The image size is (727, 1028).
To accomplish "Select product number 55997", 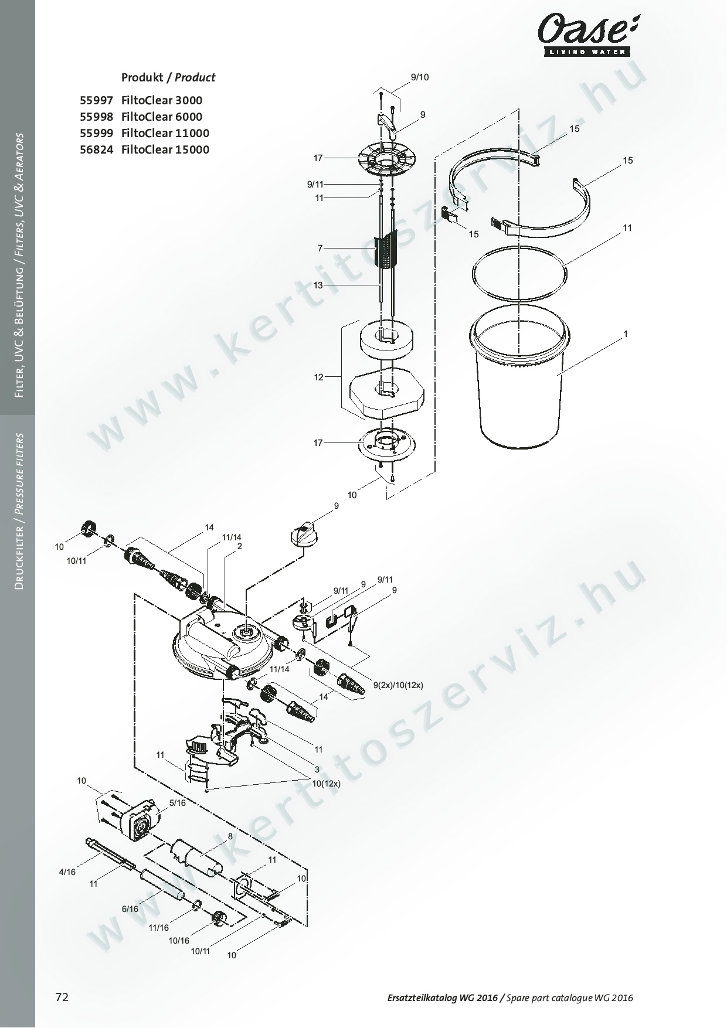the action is click(x=96, y=100).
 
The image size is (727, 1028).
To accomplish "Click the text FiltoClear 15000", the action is click(x=165, y=149).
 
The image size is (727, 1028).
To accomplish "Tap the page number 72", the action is click(x=62, y=997).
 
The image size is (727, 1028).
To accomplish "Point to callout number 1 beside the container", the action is click(x=626, y=334).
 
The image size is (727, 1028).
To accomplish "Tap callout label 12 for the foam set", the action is click(x=318, y=377).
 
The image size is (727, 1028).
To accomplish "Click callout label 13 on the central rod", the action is click(x=318, y=285).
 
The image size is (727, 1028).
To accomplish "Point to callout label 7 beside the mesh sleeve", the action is click(x=320, y=249).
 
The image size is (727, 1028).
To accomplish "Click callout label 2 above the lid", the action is click(x=240, y=546).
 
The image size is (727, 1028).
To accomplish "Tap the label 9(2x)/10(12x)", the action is click(x=398, y=685).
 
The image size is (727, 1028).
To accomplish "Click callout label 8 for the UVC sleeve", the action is click(x=230, y=836).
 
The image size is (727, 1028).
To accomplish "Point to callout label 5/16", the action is click(x=177, y=803).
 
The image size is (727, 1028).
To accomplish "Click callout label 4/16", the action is click(x=67, y=872).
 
